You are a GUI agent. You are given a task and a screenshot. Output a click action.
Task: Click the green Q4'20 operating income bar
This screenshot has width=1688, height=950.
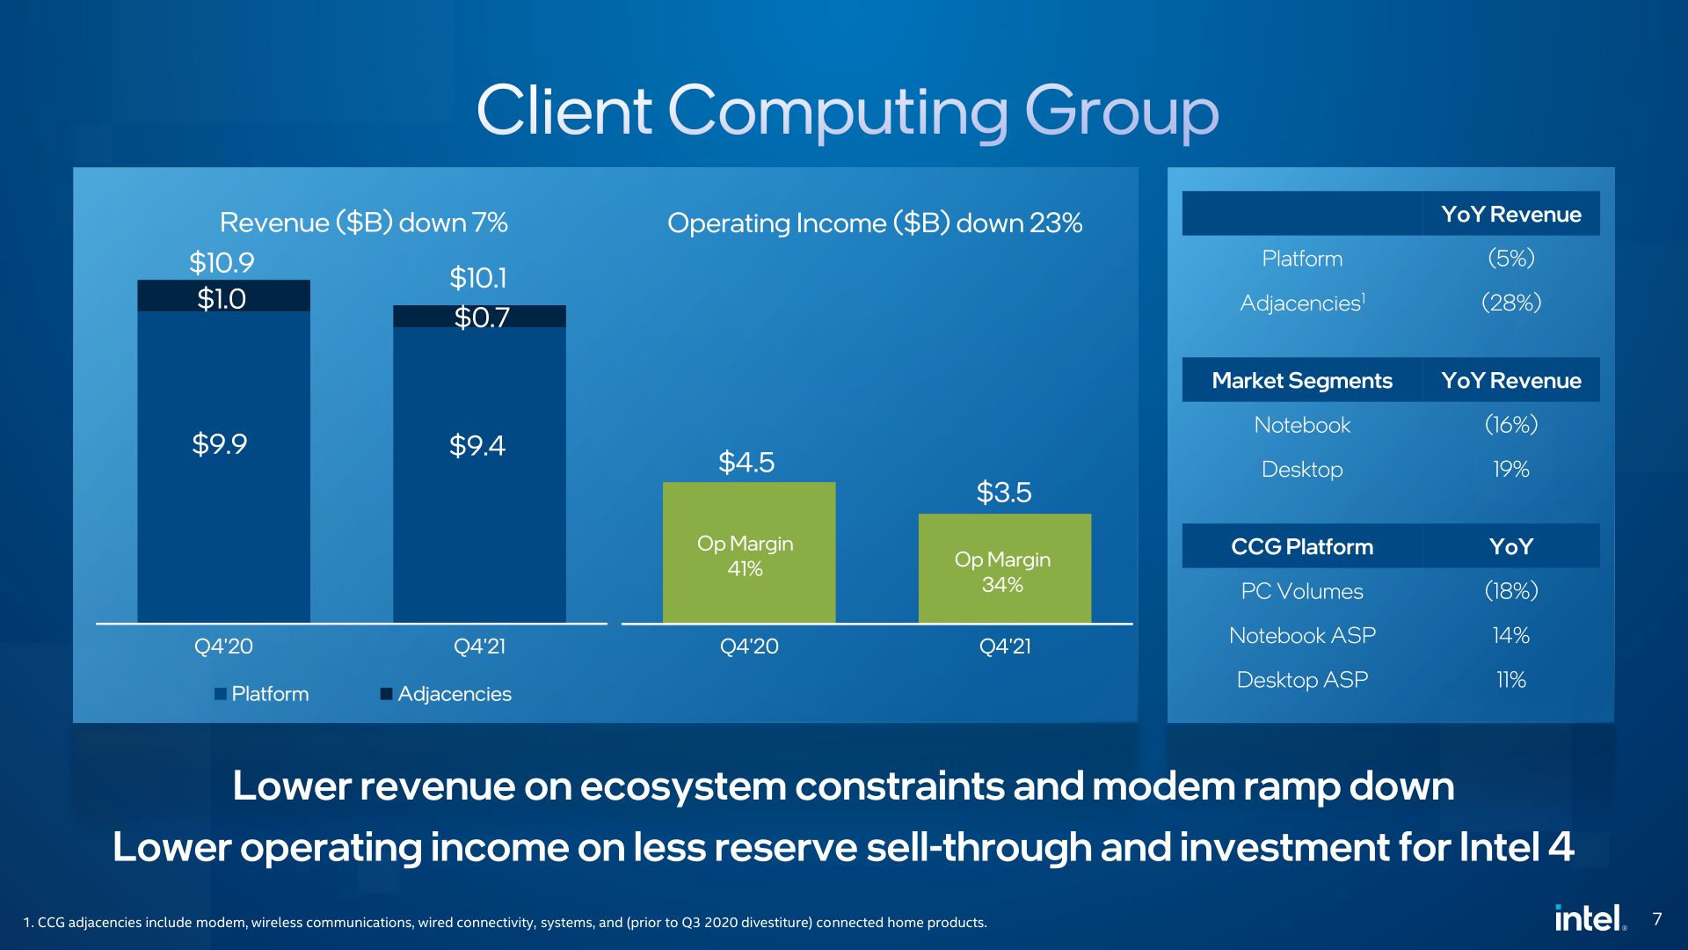pos(749,552)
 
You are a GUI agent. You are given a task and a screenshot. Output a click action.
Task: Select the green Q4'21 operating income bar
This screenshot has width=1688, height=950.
pos(1005,568)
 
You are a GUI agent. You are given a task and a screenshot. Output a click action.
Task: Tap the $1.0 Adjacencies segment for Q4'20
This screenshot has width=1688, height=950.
pos(223,296)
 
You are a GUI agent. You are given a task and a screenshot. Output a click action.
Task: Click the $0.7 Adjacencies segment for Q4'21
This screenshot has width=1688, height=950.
pos(479,316)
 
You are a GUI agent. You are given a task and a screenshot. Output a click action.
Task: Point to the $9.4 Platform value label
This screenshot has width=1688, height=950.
pos(477,445)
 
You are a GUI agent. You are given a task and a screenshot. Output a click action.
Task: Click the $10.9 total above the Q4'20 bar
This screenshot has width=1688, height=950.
pos(222,262)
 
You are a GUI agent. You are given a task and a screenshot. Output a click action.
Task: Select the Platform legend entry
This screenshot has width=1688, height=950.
pos(262,694)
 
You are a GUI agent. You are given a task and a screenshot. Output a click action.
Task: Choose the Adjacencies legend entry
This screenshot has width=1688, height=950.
pos(446,694)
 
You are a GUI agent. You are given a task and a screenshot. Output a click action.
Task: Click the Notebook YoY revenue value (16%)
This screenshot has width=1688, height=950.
pos(1511,425)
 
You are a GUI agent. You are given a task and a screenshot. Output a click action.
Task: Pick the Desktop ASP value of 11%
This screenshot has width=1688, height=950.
pos(1511,680)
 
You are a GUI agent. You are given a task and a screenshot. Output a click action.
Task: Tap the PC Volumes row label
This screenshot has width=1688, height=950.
pos(1302,591)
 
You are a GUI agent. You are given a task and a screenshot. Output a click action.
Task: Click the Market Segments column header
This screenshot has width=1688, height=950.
pos(1302,380)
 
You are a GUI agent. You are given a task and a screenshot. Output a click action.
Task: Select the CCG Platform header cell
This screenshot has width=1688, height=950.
pos(1302,546)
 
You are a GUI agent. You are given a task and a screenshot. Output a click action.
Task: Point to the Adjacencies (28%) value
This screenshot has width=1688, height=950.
pos(1511,303)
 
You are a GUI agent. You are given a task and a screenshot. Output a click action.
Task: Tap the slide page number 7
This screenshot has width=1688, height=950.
pos(1657,919)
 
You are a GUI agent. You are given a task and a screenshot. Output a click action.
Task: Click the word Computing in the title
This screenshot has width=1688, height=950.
pos(838,113)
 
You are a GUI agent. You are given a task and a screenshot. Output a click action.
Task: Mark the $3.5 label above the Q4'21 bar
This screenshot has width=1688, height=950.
pos(1004,493)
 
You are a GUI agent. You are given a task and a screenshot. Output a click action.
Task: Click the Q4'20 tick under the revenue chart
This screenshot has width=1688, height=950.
pos(223,647)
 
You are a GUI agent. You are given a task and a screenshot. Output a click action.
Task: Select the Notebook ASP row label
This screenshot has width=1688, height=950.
pos(1302,635)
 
